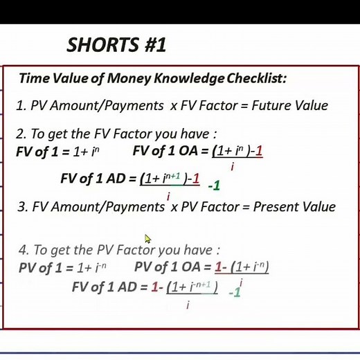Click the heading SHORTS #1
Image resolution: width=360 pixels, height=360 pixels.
[x=116, y=46]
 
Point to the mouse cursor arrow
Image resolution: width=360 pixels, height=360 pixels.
[x=147, y=239]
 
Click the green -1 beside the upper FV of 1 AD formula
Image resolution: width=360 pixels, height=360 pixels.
[x=214, y=185]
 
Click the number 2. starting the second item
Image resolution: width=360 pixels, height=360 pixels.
[x=21, y=134]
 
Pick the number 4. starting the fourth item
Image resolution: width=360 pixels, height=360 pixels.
[x=24, y=250]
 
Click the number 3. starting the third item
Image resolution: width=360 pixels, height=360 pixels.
[x=21, y=207]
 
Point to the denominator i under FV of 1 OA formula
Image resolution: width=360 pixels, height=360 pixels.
[x=233, y=166]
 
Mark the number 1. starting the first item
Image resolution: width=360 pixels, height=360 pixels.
[x=21, y=106]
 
